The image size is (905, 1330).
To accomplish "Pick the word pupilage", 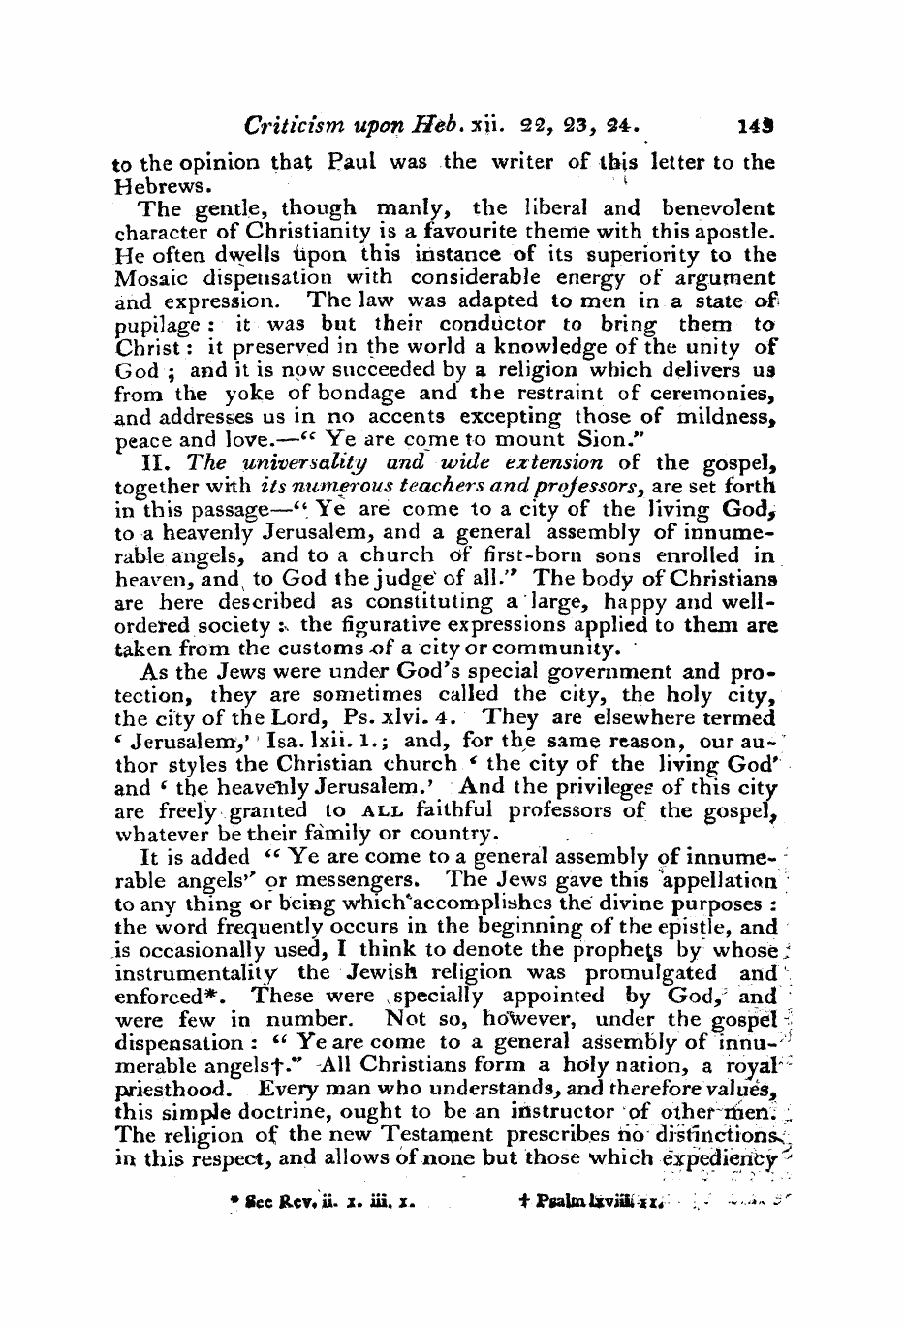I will pyautogui.click(x=155, y=325).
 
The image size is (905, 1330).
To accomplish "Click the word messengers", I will pyautogui.click(x=357, y=880).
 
